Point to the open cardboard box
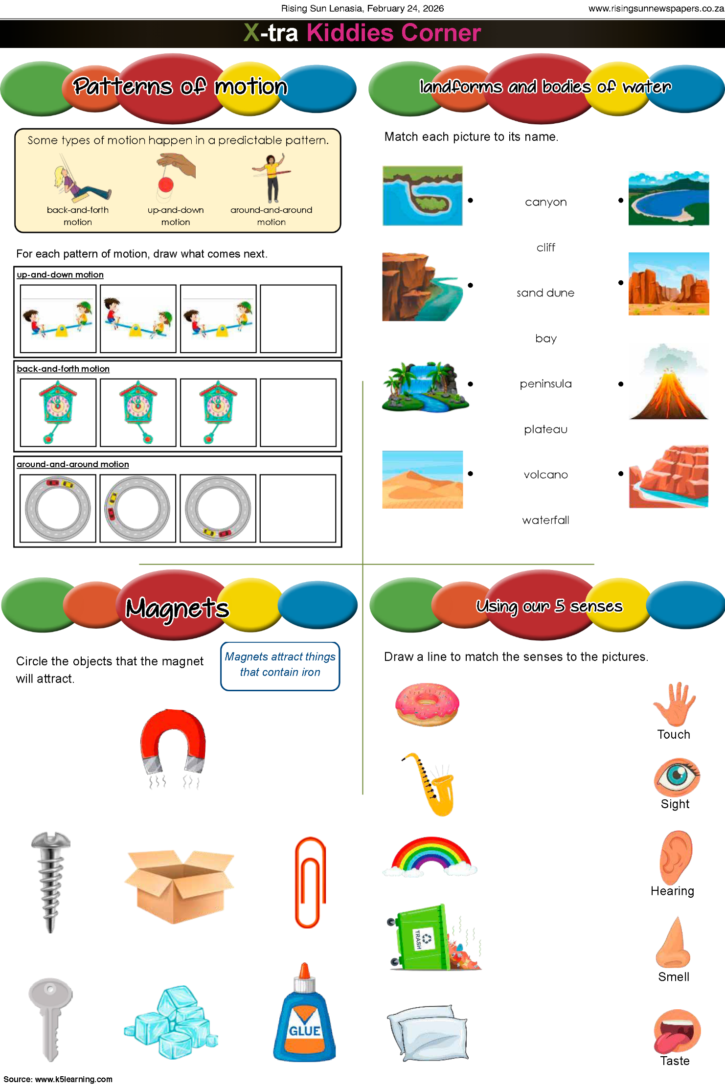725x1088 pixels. tap(180, 886)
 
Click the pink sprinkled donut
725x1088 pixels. tap(427, 704)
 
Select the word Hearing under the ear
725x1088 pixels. tap(672, 891)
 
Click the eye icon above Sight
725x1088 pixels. tap(677, 777)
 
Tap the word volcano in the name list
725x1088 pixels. tap(545, 475)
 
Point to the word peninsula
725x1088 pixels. tap(545, 384)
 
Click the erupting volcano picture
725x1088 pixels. tap(668, 382)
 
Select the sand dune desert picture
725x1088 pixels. tap(422, 479)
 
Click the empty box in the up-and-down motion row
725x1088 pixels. tap(298, 318)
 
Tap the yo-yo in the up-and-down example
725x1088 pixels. tap(166, 185)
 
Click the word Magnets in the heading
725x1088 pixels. tap(177, 608)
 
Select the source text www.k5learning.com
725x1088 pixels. tap(74, 1079)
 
